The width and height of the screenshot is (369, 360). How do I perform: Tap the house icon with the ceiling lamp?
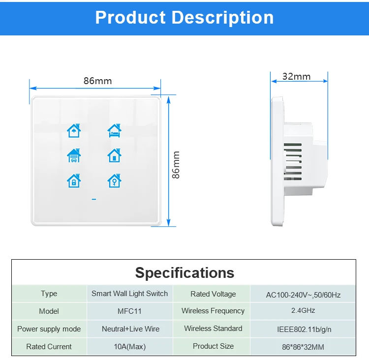pyautogui.click(x=74, y=131)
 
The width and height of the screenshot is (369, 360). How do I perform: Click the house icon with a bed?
pyautogui.click(x=114, y=131)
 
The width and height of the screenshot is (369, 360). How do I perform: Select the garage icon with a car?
pyautogui.click(x=74, y=156)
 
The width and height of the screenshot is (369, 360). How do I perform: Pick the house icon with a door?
pyautogui.click(x=114, y=156)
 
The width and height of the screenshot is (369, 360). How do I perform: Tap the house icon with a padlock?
pyautogui.click(x=74, y=180)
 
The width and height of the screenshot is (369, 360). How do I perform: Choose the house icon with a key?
pyautogui.click(x=114, y=180)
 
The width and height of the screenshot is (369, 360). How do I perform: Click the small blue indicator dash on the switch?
pyautogui.click(x=93, y=199)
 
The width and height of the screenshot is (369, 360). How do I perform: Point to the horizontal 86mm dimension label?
pyautogui.click(x=97, y=81)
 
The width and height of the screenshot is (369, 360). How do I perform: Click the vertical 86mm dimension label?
pyautogui.click(x=176, y=165)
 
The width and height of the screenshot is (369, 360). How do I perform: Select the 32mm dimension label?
pyautogui.click(x=296, y=76)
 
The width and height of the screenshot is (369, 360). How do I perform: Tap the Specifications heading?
pyautogui.click(x=184, y=273)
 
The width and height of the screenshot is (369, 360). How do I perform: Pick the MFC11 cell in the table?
pyautogui.click(x=129, y=311)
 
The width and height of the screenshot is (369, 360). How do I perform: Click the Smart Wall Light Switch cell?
pyautogui.click(x=129, y=294)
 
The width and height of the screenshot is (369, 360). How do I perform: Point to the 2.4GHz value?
pyautogui.click(x=303, y=311)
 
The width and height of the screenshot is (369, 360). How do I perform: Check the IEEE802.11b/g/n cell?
pyautogui.click(x=303, y=329)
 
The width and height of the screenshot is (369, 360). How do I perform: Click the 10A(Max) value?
pyautogui.click(x=129, y=347)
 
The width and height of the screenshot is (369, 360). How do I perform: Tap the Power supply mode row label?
pyautogui.click(x=49, y=329)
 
